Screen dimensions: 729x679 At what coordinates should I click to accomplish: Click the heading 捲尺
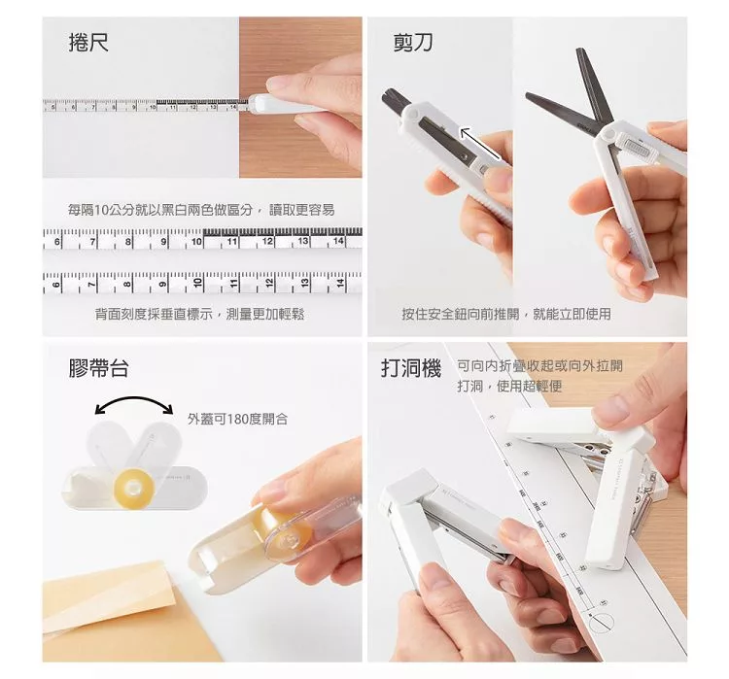tap(88, 43)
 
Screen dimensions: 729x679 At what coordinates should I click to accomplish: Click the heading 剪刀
tap(413, 43)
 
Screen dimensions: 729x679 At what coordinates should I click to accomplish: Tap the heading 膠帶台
tap(98, 368)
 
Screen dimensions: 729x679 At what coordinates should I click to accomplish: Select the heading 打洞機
tap(411, 368)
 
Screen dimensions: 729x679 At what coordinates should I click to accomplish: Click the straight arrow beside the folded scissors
tap(481, 143)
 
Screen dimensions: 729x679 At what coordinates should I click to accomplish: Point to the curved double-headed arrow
tap(134, 399)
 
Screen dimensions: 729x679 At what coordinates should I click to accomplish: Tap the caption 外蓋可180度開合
tap(237, 419)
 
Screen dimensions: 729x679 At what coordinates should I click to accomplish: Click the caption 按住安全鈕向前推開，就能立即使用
tap(506, 314)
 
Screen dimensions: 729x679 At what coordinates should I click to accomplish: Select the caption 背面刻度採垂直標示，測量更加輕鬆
tap(200, 315)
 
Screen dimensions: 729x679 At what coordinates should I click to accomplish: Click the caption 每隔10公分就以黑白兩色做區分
tap(160, 210)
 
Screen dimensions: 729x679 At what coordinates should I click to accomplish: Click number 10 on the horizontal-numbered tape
tap(196, 241)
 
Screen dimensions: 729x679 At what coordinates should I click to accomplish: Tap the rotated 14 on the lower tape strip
tap(341, 282)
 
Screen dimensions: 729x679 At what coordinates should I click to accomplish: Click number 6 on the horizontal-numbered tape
tap(57, 242)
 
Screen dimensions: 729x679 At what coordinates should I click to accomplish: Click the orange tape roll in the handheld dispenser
tap(283, 528)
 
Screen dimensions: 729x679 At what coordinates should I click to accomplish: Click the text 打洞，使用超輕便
tap(509, 386)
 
